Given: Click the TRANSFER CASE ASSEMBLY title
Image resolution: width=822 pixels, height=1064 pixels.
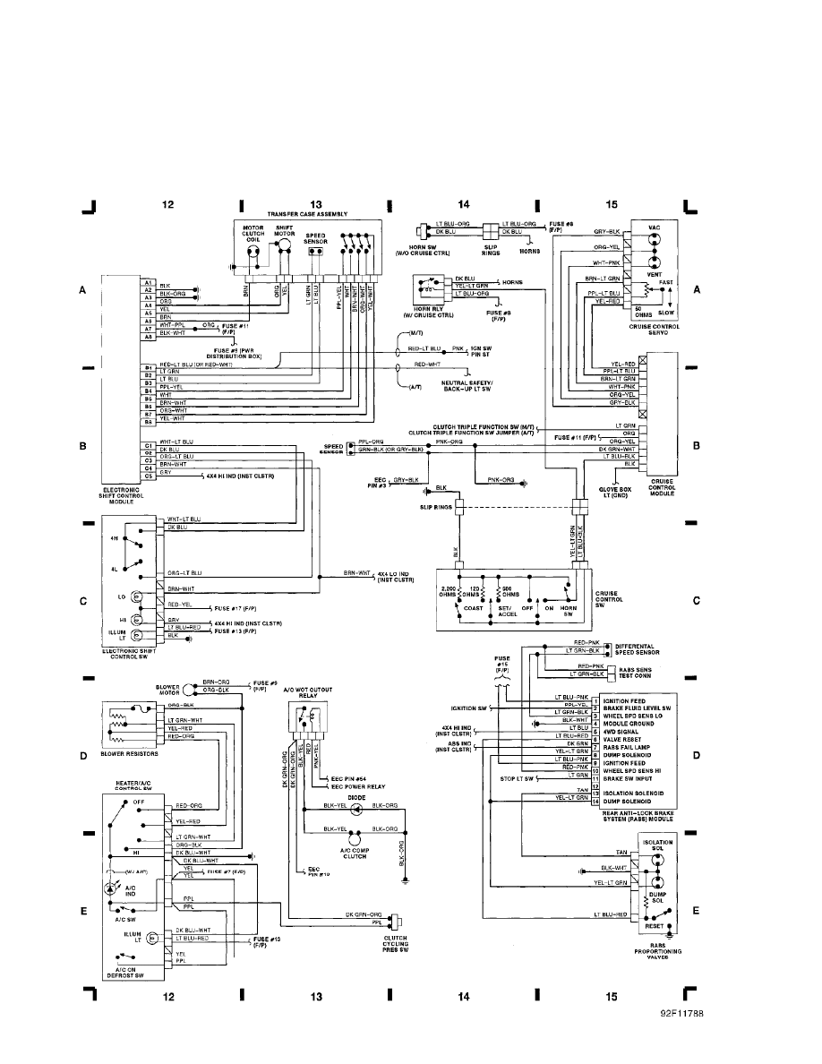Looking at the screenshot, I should click(306, 214).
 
